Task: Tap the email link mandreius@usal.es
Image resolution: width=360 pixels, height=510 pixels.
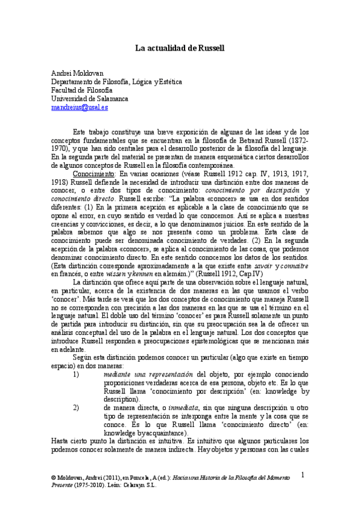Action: point(79,107)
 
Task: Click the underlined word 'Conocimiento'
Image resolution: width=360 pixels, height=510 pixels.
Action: point(90,174)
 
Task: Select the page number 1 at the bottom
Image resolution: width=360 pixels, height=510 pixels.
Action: point(304,475)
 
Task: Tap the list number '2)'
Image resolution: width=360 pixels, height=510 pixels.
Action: point(76,407)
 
